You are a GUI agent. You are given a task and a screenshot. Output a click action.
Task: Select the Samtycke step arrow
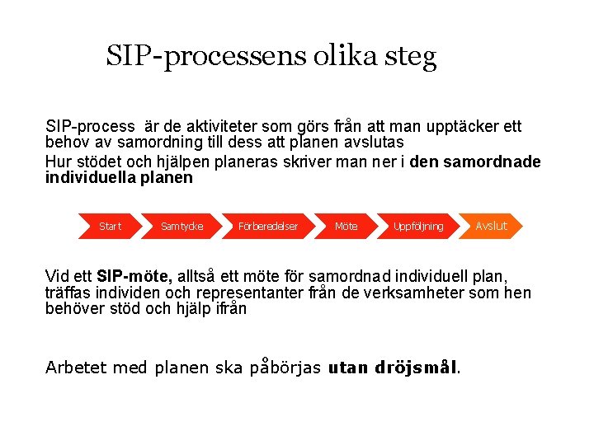(x=181, y=226)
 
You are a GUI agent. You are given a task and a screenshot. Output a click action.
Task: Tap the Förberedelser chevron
(x=267, y=226)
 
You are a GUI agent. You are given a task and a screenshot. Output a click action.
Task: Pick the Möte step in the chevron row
(x=346, y=226)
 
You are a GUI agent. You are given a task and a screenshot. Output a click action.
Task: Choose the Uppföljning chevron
(x=418, y=226)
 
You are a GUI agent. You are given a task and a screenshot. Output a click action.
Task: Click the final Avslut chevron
(x=492, y=225)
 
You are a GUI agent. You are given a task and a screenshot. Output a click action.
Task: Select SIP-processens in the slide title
(x=206, y=56)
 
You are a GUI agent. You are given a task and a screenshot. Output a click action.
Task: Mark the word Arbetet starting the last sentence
(x=75, y=367)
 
